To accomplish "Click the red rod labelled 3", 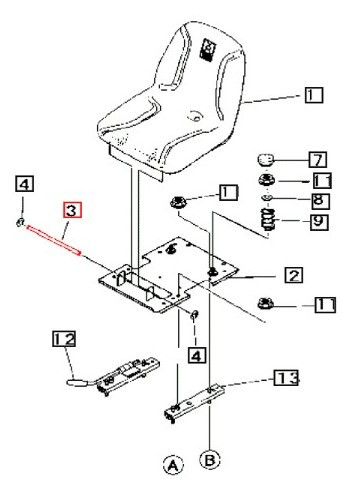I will click(x=52, y=241).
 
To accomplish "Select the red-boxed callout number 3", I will click(x=72, y=210).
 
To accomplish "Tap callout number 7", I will click(x=315, y=159).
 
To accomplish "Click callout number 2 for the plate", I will click(x=293, y=273).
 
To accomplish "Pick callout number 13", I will click(x=286, y=378).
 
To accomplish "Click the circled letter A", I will click(x=173, y=464).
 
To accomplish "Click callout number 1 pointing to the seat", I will click(x=314, y=96).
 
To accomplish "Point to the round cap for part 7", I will click(x=266, y=160).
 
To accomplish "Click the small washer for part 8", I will click(x=267, y=200).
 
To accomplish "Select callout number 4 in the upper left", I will click(x=24, y=184).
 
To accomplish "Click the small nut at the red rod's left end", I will click(x=22, y=220).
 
